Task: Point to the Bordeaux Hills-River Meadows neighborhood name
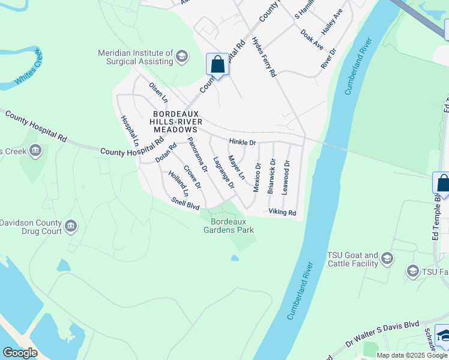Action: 175,121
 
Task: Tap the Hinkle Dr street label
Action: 242,143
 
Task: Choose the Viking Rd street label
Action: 282,212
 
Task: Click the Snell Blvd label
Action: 185,204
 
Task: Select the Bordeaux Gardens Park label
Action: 228,226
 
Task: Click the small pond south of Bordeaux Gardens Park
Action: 234,259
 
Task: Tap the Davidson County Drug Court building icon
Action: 71,226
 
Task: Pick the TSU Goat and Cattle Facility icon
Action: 387,259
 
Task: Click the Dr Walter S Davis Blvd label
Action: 382,342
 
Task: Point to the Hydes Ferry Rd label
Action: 264,57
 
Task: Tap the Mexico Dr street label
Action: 257,178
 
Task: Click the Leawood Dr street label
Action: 286,176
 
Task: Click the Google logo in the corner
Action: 20,353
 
